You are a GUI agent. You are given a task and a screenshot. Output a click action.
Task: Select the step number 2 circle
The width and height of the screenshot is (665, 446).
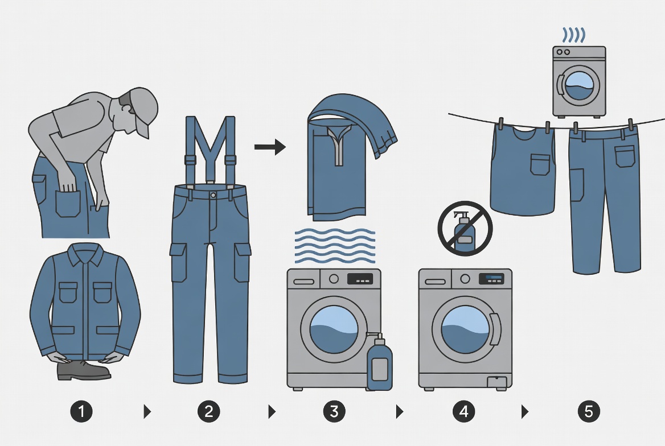208,411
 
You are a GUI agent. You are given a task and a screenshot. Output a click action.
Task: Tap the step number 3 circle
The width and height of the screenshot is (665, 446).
334,411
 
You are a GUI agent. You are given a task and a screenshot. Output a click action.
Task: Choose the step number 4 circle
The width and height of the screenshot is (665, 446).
463,411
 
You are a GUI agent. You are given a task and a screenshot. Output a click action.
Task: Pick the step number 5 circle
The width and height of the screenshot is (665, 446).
589,411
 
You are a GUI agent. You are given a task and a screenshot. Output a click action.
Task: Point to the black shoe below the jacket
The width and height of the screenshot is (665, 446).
83,370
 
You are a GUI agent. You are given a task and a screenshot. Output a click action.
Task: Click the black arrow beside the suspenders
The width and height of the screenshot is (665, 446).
269,148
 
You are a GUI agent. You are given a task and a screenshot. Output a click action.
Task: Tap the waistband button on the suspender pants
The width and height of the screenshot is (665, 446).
212,195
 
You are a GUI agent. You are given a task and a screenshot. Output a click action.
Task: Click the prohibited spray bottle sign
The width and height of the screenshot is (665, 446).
465,228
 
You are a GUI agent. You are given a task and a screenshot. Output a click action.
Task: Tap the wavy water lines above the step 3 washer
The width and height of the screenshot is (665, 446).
334,245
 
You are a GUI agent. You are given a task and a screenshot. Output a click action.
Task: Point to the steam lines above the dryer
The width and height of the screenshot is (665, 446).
574,35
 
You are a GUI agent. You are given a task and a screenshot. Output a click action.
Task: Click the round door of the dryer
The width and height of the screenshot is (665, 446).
579,86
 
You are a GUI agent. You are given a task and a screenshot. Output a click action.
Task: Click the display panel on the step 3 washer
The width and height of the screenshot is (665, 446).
360,279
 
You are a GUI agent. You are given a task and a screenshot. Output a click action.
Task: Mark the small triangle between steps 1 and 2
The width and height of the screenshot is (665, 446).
147,411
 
